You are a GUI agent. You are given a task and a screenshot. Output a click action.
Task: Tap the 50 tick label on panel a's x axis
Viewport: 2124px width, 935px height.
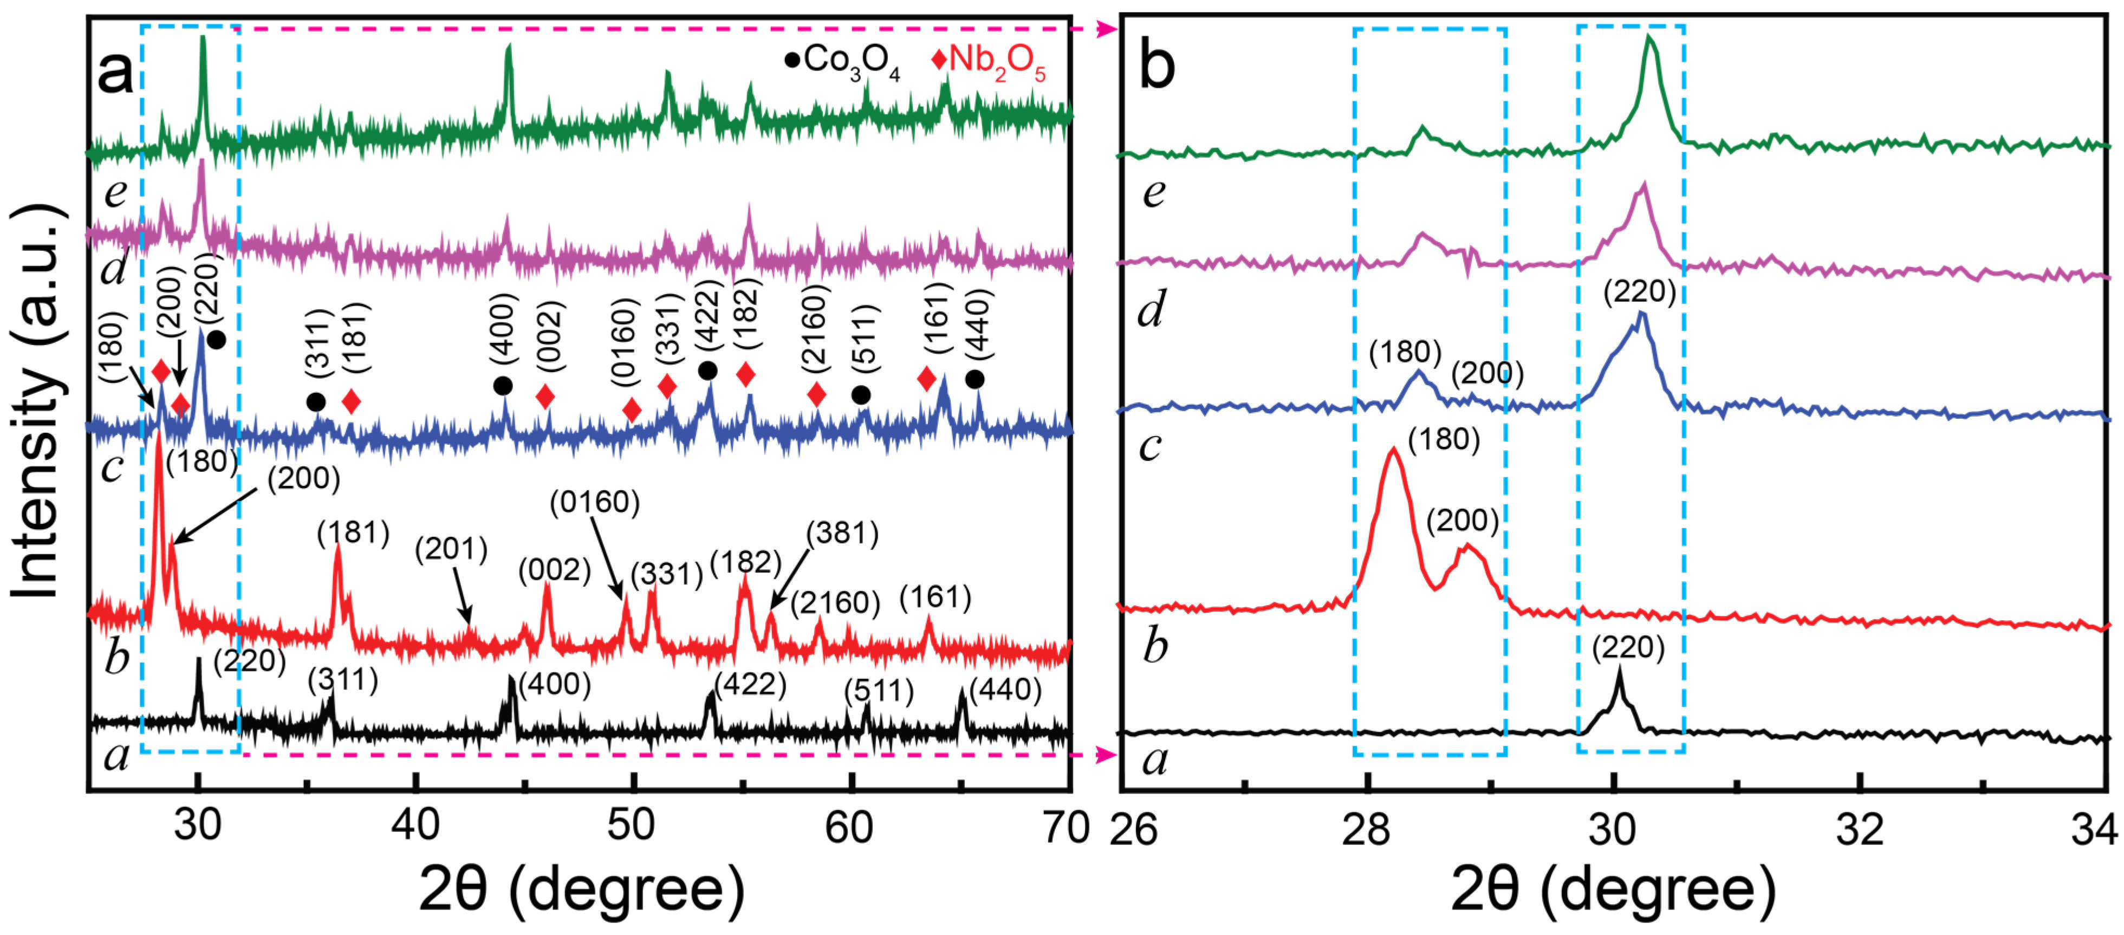[632, 826]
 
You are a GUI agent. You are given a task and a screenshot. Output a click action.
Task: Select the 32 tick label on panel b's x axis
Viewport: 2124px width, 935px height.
[1860, 829]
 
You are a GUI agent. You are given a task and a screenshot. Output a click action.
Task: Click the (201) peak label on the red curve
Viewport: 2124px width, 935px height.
[451, 549]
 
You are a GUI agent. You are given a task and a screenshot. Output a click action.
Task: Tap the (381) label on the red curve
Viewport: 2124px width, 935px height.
[842, 534]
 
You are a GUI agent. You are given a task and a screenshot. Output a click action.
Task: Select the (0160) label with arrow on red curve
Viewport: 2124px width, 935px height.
[594, 502]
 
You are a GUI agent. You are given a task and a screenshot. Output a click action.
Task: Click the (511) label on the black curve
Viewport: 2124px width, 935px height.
[879, 691]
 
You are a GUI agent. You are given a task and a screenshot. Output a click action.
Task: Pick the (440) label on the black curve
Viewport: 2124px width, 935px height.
[1005, 689]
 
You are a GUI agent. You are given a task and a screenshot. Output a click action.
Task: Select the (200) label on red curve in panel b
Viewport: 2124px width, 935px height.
[1463, 520]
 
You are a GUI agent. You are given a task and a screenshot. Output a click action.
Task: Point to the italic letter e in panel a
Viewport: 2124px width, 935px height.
[115, 192]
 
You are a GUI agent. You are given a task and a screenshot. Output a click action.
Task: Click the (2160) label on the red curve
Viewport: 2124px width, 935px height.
[835, 603]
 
